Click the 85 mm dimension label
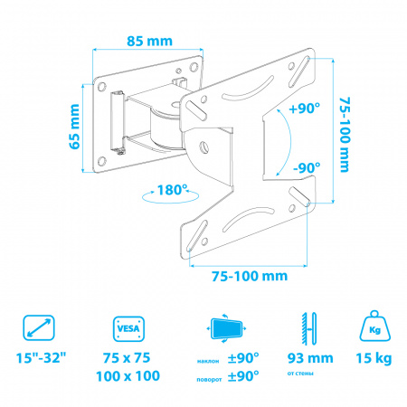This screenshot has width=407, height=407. [149, 41]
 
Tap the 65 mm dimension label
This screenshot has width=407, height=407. [74, 127]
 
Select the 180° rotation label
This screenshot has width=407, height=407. [172, 190]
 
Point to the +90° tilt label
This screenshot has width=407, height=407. [304, 108]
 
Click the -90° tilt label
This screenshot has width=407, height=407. [307, 167]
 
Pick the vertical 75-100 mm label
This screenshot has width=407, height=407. [345, 135]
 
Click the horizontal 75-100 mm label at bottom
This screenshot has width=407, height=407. [250, 276]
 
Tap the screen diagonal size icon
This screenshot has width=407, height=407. [39, 327]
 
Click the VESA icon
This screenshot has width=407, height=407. [128, 328]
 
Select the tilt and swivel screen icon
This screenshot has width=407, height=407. [227, 328]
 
